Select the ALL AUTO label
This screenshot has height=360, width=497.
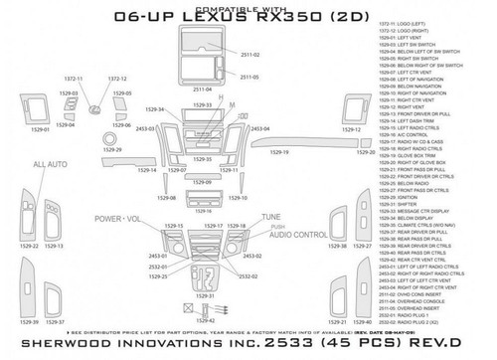click(52, 164)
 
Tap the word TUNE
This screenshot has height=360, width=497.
click(270, 217)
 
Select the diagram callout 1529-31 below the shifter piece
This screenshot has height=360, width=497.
click(209, 294)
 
